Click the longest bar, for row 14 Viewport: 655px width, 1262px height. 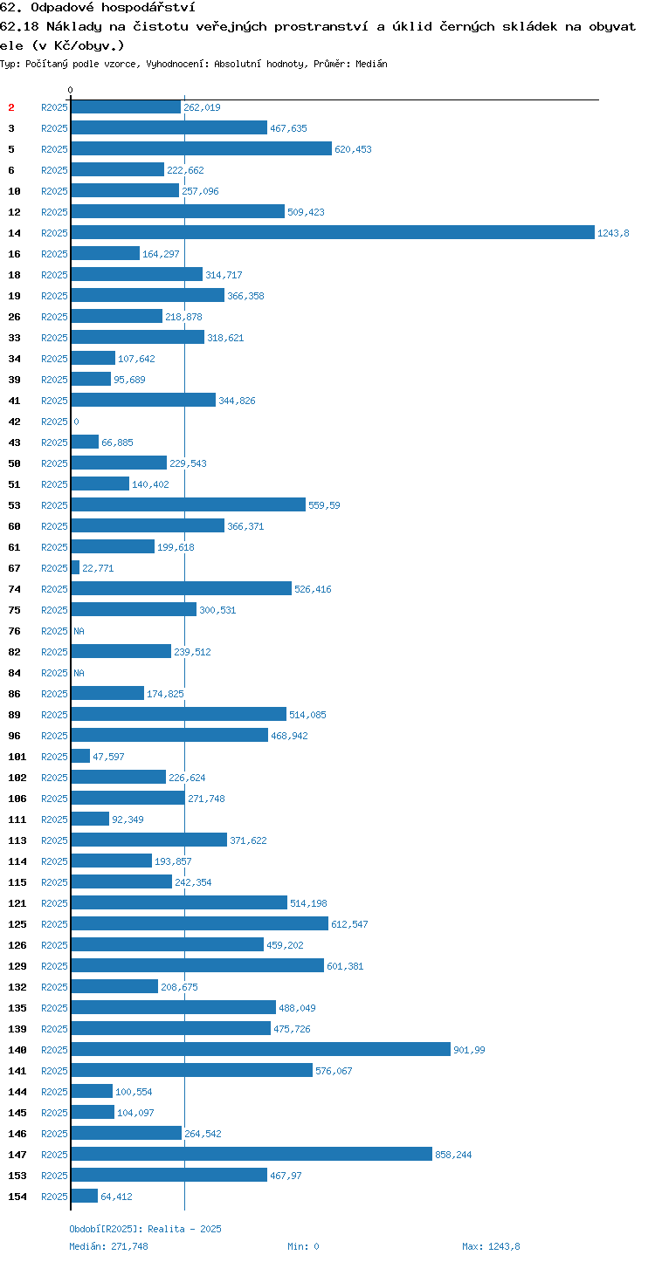[333, 232]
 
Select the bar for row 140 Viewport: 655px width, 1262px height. [261, 1049]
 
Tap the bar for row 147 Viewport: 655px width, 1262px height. [252, 1154]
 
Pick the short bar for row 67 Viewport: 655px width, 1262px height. [75, 567]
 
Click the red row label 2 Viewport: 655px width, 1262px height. [11, 107]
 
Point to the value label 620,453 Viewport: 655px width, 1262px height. [353, 149]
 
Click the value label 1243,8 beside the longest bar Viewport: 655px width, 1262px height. [613, 233]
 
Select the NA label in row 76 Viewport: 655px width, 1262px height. [79, 631]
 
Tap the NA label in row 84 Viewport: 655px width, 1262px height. [79, 673]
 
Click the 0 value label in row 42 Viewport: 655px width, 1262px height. [76, 422]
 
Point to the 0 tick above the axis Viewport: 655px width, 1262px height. [70, 90]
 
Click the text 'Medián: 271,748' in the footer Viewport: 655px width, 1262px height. [108, 1246]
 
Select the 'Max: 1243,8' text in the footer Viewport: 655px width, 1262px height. [491, 1246]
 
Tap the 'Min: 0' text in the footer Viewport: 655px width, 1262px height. [303, 1246]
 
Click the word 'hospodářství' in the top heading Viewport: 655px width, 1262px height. [148, 7]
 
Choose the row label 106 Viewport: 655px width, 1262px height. [17, 799]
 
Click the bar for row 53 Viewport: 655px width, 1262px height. [189, 504]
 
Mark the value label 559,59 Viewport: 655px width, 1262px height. [324, 505]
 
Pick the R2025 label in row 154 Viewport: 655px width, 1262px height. [54, 1196]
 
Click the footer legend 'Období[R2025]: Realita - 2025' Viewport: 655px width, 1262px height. [145, 1229]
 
